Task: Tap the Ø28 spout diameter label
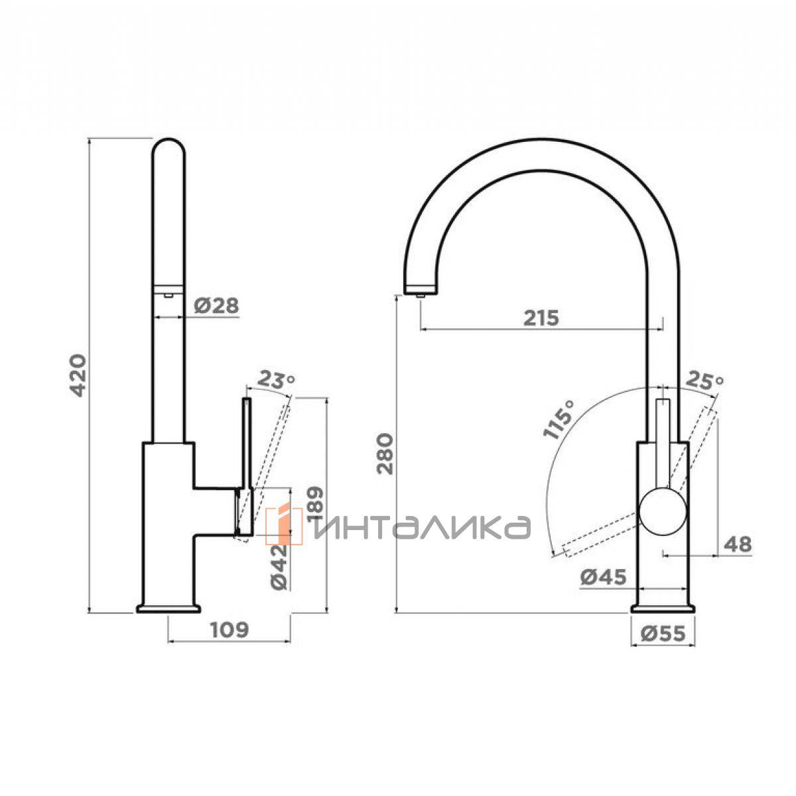216,306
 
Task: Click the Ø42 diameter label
279,566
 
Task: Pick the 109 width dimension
230,630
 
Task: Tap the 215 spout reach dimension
541,318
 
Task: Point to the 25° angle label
704,381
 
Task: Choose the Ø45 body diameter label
603,577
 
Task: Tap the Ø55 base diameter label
663,633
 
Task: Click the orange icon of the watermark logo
284,525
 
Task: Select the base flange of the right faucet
663,608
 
